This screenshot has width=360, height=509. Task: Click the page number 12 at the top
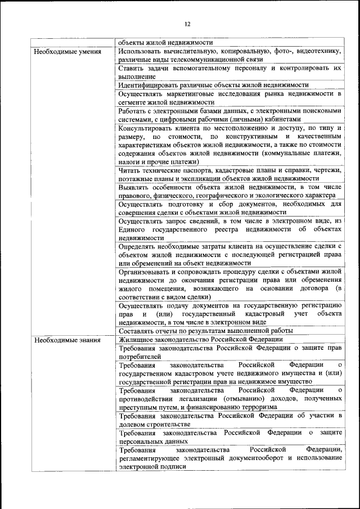click(x=188, y=24)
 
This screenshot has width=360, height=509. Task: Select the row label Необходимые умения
click(x=67, y=52)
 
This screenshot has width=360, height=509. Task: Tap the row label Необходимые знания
click(x=67, y=340)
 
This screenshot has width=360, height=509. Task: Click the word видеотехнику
click(x=318, y=51)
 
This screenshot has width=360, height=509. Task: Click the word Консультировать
click(x=150, y=128)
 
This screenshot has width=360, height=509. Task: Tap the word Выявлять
click(x=136, y=187)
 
